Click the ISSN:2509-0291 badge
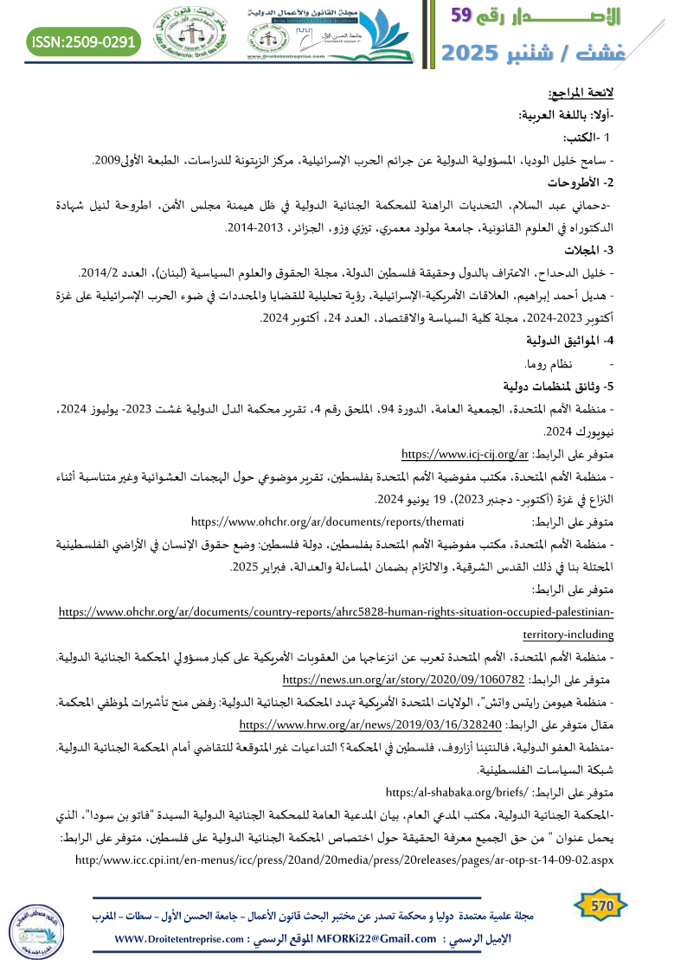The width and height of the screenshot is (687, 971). tap(85, 41)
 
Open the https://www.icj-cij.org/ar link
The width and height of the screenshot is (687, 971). tap(465, 452)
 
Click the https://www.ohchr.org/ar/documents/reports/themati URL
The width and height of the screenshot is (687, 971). tap(328, 521)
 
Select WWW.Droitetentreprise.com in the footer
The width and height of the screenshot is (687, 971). tap(177, 939)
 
